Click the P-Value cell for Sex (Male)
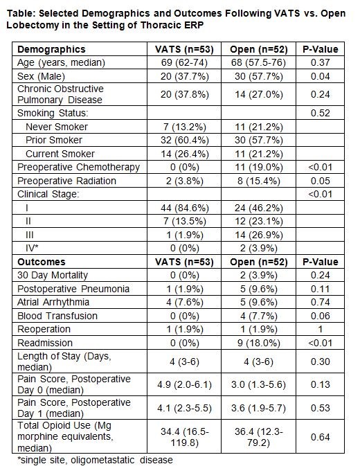[321, 76]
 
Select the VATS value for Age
[184, 62]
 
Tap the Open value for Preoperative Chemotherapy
[259, 167]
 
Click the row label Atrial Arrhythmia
[53, 302]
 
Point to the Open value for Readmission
[259, 343]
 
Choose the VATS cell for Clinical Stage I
[184, 208]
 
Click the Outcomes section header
[42, 262]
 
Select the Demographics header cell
[51, 49]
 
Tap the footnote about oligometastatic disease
[95, 460]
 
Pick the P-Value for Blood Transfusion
[321, 316]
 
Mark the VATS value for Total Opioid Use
[184, 437]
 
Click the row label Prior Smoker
[54, 140]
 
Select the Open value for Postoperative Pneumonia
[259, 289]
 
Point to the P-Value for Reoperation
[321, 329]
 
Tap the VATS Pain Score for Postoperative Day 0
[184, 384]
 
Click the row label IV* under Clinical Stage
[32, 248]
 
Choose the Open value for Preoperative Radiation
[259, 181]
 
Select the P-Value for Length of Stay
[321, 362]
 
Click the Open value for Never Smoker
[259, 127]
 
